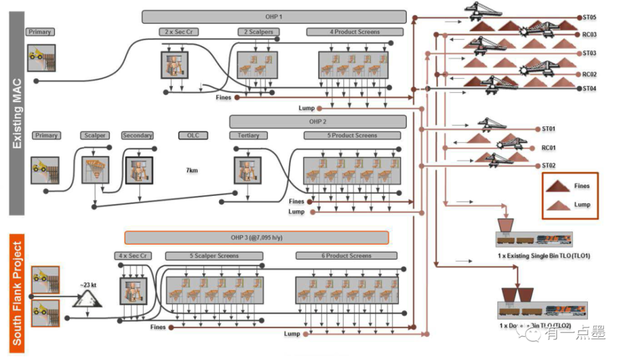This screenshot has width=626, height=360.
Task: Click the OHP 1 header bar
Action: (x=274, y=17)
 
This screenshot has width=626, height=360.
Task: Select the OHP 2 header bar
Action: (x=317, y=121)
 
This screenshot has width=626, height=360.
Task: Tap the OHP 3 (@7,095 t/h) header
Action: (x=256, y=238)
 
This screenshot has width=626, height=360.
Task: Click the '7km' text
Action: (x=192, y=170)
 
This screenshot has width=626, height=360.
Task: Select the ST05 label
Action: (x=589, y=18)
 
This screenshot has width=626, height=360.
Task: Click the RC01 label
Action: (x=549, y=148)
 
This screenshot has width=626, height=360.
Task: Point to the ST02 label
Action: (x=549, y=166)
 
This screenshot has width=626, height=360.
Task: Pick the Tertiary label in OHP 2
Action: (x=248, y=135)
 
